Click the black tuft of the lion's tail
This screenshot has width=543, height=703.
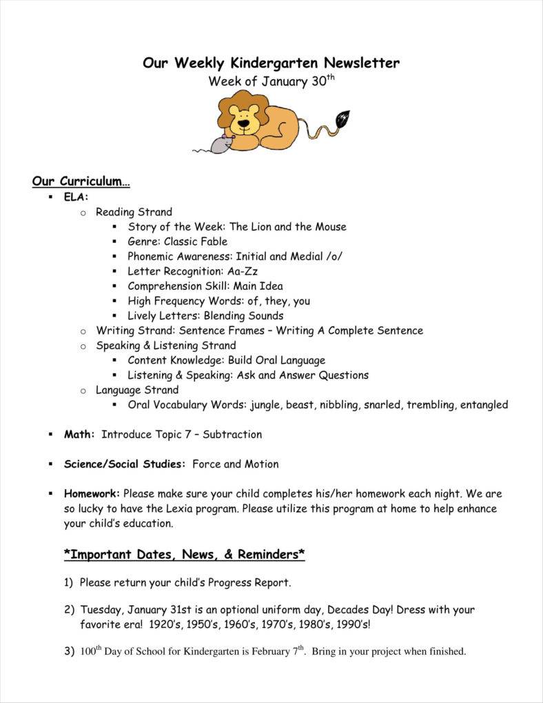(341, 119)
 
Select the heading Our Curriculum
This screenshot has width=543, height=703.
(81, 181)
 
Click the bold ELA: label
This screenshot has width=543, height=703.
(76, 197)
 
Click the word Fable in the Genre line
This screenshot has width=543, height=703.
(212, 241)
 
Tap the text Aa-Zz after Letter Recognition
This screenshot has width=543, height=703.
(243, 271)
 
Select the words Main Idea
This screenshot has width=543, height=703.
(258, 286)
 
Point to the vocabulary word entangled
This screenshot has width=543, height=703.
(484, 405)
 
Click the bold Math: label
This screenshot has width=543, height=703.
(79, 435)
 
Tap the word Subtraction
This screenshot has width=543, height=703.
(232, 435)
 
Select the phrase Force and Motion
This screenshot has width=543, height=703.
(236, 464)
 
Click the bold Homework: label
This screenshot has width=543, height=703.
(92, 494)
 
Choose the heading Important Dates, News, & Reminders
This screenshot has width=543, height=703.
(185, 554)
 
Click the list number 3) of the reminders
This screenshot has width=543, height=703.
(69, 651)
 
